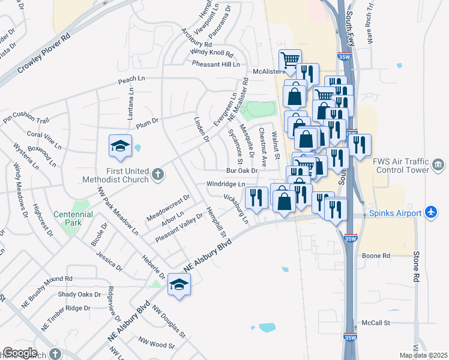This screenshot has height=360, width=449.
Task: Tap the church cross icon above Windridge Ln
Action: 158,175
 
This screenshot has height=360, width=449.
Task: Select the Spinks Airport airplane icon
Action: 430,212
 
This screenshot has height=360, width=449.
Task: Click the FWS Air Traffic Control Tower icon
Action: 438,164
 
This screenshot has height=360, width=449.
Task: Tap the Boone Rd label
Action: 376,256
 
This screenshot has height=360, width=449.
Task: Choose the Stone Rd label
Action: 415,266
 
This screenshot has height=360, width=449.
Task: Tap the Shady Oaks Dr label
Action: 79,294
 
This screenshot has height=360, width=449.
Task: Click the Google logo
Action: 20,353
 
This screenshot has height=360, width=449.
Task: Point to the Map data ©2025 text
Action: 423,355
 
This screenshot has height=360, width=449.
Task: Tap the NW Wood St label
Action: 156,345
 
